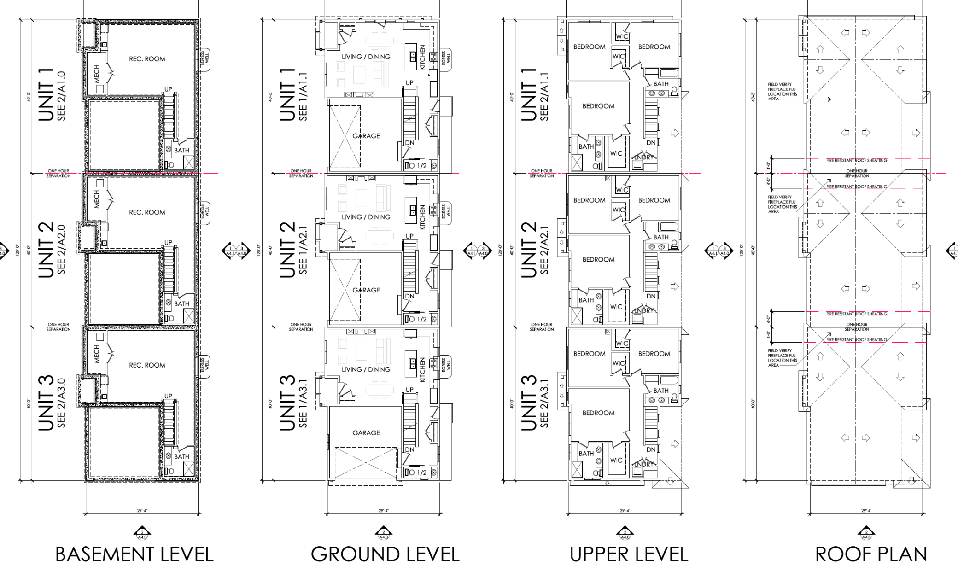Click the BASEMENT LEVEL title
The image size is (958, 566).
click(134, 554)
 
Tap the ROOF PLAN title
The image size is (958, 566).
click(871, 554)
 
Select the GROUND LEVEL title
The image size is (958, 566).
click(385, 554)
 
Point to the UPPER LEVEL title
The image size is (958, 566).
click(629, 554)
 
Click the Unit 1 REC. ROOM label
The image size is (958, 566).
click(147, 59)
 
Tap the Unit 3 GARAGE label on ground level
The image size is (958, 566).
click(366, 433)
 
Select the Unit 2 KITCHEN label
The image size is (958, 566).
click(422, 218)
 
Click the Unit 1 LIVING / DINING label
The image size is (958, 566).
click(366, 57)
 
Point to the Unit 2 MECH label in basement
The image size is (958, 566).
click(97, 199)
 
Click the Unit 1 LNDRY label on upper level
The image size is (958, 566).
click(643, 157)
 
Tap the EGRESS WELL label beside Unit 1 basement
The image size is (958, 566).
click(204, 58)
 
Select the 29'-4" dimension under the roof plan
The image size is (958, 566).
click(866, 511)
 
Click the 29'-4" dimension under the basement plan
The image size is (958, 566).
click(142, 511)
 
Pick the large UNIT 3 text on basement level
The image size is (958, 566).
click(47, 403)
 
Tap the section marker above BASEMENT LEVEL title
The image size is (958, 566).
click(142, 534)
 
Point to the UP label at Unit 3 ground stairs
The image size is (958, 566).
click(409, 390)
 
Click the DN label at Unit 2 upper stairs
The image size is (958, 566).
click(651, 296)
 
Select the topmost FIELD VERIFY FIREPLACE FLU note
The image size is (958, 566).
click(782, 92)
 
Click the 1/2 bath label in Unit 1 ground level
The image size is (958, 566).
click(421, 166)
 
